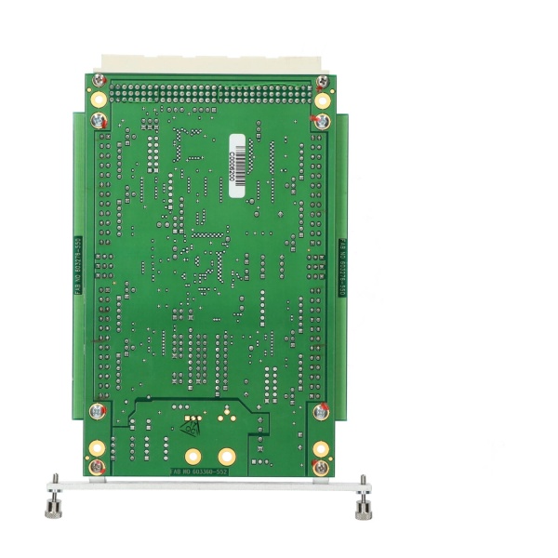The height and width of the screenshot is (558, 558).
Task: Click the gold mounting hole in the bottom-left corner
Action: pos(97,449)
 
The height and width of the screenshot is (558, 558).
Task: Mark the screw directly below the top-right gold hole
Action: pos(319,121)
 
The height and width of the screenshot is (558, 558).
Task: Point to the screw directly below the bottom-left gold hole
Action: pos(97,465)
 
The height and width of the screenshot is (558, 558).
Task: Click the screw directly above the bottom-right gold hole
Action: pos(320,410)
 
